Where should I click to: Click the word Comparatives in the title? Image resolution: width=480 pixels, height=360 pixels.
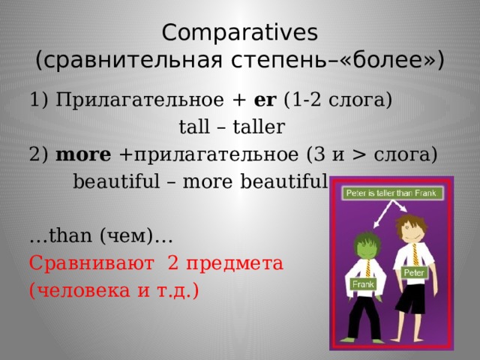[240, 33]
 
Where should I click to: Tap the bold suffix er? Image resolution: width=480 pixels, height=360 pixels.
[265, 100]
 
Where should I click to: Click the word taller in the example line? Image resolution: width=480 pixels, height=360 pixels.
[259, 127]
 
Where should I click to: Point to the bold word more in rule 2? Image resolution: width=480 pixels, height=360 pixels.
[83, 154]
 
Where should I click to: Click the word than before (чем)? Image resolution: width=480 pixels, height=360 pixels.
[70, 235]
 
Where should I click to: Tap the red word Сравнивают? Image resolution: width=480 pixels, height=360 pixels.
[91, 263]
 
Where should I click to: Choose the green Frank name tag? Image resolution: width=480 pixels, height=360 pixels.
[363, 285]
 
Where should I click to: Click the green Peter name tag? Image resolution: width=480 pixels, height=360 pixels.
[414, 272]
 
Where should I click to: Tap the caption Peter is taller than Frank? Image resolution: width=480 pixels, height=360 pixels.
[391, 193]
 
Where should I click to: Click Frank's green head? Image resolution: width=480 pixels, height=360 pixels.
[367, 245]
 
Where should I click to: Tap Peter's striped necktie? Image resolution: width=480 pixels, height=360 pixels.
[415, 255]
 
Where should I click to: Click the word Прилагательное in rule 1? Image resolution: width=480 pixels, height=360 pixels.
[140, 100]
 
